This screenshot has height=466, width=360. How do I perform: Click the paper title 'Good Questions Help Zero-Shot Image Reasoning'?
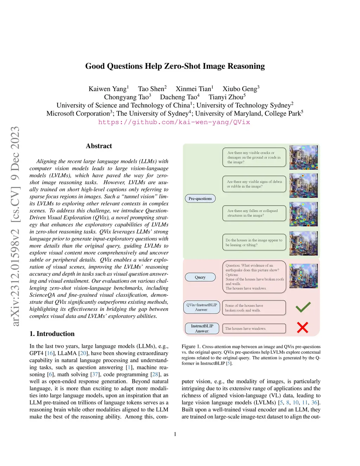(x=175, y=66)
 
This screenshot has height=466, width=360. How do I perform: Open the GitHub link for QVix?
(x=174, y=122)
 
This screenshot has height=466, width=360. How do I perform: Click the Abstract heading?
(x=99, y=146)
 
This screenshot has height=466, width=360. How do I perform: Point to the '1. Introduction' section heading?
(x=52, y=334)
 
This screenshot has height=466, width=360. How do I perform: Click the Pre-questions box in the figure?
(x=200, y=199)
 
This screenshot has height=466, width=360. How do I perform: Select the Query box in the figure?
(x=200, y=277)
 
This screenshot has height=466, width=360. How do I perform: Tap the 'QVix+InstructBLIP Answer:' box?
(x=201, y=307)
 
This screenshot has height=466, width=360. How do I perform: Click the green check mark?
(x=303, y=307)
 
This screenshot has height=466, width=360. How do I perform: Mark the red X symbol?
(x=302, y=327)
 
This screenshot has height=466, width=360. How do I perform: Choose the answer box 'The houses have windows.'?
(x=254, y=328)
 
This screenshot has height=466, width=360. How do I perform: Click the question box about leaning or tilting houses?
(x=254, y=242)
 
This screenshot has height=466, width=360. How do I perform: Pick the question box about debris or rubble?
(x=254, y=184)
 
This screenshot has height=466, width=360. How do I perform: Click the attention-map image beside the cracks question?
(x=303, y=157)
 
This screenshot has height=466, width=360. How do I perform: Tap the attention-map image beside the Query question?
(x=303, y=276)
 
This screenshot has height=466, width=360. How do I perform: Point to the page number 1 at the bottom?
(x=175, y=434)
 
